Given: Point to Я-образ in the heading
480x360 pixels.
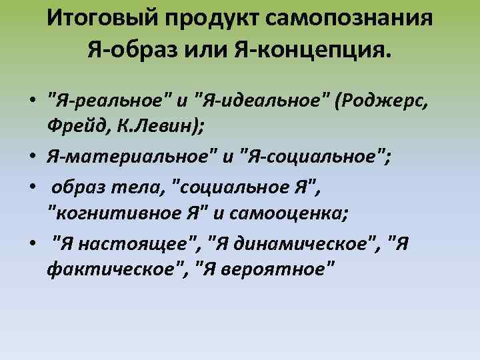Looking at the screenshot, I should point(136,49).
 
